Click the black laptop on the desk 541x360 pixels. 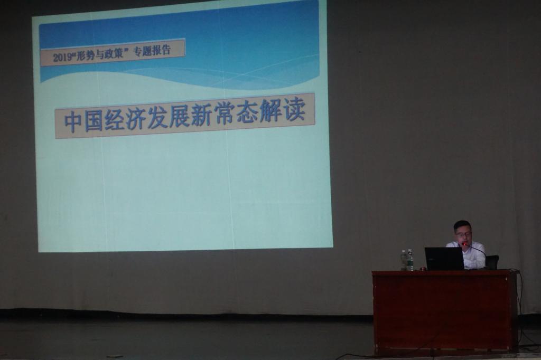click(x=444, y=258)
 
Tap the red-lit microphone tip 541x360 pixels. click(x=465, y=244)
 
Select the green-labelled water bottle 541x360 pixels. click(x=410, y=260)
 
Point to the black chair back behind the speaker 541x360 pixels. click(x=492, y=262)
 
